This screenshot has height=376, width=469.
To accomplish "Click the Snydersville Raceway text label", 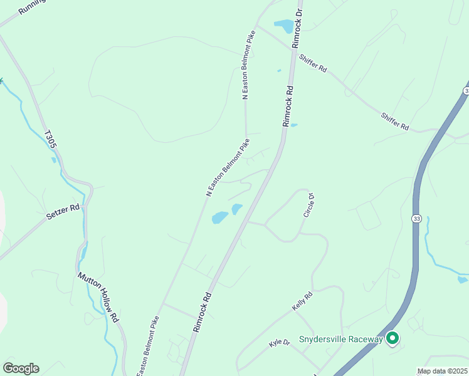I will pyautogui.click(x=340, y=339).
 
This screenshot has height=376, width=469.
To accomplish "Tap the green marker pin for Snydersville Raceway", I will pyautogui.click(x=393, y=338).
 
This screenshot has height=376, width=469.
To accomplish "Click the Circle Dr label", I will pyautogui.click(x=308, y=205).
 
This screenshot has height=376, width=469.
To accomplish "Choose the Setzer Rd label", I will pyautogui.click(x=63, y=211).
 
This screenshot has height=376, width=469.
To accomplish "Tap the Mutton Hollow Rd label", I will pyautogui.click(x=98, y=297).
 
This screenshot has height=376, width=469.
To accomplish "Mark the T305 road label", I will pyautogui.click(x=51, y=139).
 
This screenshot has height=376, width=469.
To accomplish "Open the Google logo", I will pyautogui.click(x=21, y=368).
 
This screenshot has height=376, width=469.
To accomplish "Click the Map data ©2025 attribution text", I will pyautogui.click(x=442, y=371).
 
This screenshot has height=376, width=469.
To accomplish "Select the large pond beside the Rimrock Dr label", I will pyautogui.click(x=283, y=26).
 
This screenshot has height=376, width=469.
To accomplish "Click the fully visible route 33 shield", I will pyautogui.click(x=416, y=218).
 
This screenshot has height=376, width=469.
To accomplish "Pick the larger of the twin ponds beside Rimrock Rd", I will pyautogui.click(x=219, y=217).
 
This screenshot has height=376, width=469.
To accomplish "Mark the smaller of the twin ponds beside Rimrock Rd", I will pyautogui.click(x=236, y=209).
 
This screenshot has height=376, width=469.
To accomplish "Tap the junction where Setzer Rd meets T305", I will pyautogui.click(x=86, y=202).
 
